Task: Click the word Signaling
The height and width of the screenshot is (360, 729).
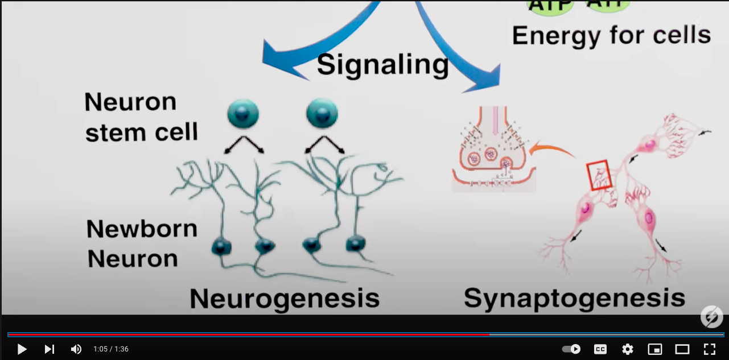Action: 382,64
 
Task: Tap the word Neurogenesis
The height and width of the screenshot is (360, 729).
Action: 285,297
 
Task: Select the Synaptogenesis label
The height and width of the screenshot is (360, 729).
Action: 574,297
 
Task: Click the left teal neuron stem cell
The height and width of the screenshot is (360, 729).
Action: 243,113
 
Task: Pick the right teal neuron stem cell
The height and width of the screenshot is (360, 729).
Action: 322,113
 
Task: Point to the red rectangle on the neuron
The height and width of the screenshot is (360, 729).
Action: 599,175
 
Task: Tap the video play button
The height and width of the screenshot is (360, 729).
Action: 22,349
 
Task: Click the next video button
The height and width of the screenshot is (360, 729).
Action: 50,349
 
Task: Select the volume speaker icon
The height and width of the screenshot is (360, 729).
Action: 76,349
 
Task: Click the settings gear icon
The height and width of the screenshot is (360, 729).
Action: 628,349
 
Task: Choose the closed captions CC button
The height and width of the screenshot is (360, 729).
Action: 600,349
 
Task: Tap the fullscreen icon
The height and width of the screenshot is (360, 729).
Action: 710,349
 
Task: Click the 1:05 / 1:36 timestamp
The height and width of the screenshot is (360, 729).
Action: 111,349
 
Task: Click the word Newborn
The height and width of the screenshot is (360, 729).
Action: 142,229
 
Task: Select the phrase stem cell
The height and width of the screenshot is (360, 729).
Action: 142,132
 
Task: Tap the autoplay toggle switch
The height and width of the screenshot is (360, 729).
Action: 571,349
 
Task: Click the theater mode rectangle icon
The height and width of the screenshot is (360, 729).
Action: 682,349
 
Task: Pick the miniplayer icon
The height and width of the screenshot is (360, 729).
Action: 655,349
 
